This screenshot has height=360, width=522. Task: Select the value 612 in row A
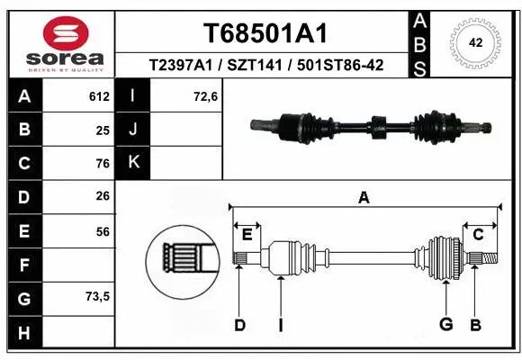coord(98,96)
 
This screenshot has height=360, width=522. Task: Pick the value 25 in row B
coord(103,130)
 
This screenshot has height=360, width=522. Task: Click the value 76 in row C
coord(103,163)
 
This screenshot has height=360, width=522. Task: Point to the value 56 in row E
coord(103,231)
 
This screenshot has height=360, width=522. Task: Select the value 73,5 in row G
coord(98,297)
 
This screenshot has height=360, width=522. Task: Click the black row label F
coord(23,265)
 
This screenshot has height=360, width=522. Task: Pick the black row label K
coord(134,163)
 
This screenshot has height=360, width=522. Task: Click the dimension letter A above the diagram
coord(364,197)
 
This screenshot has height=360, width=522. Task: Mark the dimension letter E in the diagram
coord(247,234)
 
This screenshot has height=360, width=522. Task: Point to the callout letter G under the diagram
coord(445,325)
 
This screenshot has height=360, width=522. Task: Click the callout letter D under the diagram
coord(239,325)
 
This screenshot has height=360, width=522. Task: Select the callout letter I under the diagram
coord(281,325)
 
